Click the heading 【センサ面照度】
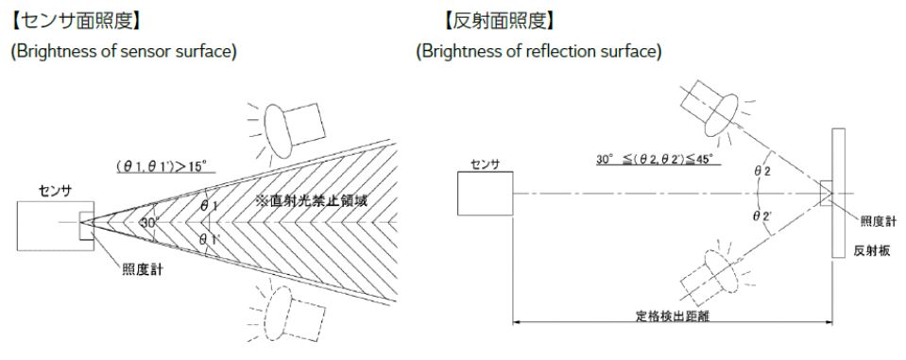(x=76, y=23)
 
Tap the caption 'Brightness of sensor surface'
(x=124, y=51)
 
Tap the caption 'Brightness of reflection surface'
(x=538, y=51)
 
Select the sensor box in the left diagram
(x=56, y=226)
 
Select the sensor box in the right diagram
(x=485, y=194)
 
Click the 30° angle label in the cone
(x=148, y=221)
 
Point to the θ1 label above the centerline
(x=210, y=206)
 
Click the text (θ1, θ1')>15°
(x=165, y=166)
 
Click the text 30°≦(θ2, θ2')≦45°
(x=658, y=158)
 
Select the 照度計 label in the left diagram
(x=142, y=269)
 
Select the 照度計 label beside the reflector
(x=879, y=222)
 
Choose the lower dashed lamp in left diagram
(x=295, y=311)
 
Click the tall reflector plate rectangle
(x=838, y=193)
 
